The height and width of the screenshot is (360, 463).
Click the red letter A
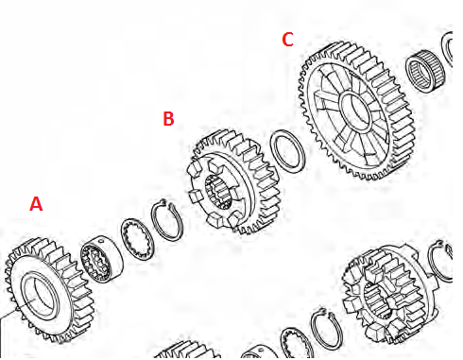point(36,203)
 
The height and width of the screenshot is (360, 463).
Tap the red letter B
point(168,119)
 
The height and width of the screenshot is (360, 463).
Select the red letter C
point(287,40)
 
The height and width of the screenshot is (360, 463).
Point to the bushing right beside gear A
point(102,259)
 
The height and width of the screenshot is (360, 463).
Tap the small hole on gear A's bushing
point(100,241)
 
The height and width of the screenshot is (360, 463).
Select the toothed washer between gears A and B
point(137,239)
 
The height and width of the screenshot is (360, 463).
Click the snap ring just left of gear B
point(166,220)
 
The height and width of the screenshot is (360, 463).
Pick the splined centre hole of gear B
point(219,192)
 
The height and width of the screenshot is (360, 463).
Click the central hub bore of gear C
point(355,111)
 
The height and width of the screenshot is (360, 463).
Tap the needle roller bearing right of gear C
point(426,73)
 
